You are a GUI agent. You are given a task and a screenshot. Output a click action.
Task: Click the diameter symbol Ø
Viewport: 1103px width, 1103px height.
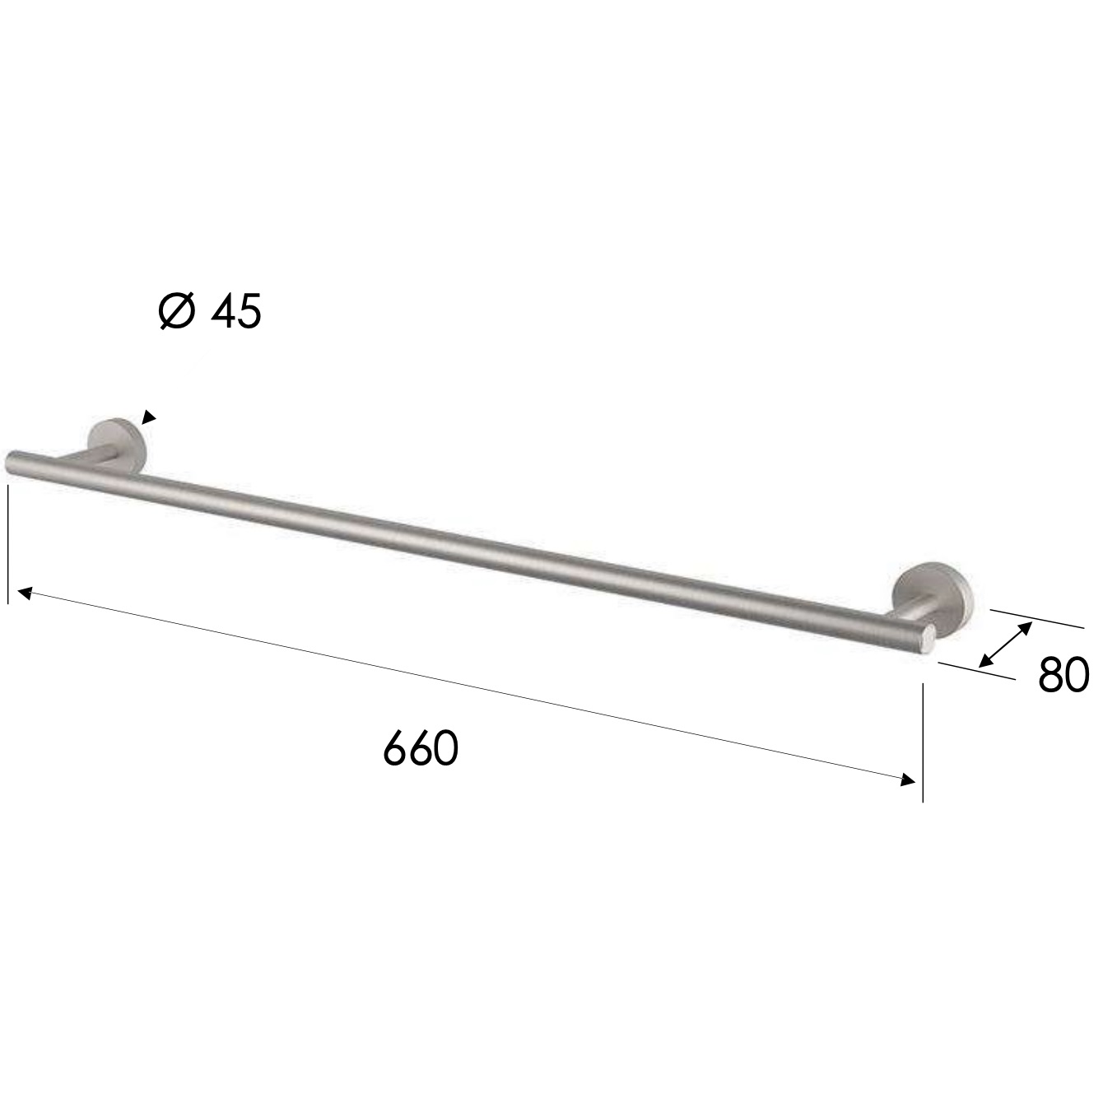coord(177,313)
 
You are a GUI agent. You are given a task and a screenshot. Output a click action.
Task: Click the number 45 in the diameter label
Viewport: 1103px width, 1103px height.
coord(236,313)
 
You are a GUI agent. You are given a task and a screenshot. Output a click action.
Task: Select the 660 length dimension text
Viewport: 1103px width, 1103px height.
coord(420,748)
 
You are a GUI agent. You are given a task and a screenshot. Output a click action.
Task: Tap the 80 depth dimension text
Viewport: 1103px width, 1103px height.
coord(1063,675)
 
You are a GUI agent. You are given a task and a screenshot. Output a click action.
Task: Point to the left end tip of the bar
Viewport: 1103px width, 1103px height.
coord(12,461)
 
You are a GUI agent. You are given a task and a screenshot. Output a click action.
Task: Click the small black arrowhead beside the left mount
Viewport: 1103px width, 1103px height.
coord(148,417)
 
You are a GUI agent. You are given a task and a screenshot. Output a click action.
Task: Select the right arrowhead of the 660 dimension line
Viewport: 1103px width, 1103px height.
coord(908,780)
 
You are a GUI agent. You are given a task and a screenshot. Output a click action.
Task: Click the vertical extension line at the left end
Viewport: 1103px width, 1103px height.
coord(7,543)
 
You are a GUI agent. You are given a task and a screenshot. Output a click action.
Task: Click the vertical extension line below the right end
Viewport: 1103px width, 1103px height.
coord(923,741)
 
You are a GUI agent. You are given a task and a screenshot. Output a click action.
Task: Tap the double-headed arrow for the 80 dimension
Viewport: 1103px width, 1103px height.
coord(1006,645)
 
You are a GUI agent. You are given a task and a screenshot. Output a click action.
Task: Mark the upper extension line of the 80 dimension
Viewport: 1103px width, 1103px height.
coord(1037,617)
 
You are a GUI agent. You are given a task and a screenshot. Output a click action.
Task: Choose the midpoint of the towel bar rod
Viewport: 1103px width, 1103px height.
coord(469,547)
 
